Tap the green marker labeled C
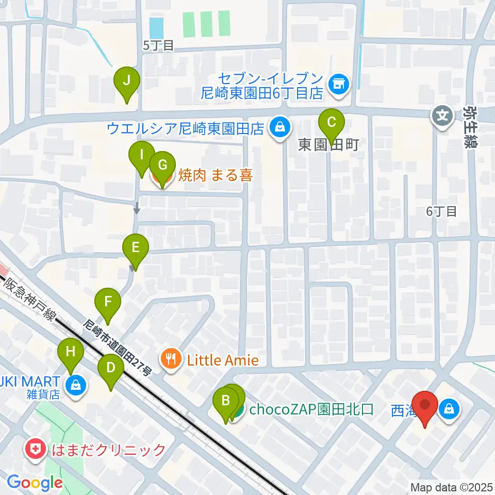331,123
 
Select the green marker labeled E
135,248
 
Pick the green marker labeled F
108,302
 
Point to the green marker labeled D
111,368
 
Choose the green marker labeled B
226,401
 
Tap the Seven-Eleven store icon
339,82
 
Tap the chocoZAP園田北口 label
311,410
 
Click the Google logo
34,483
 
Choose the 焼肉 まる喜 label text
216,176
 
